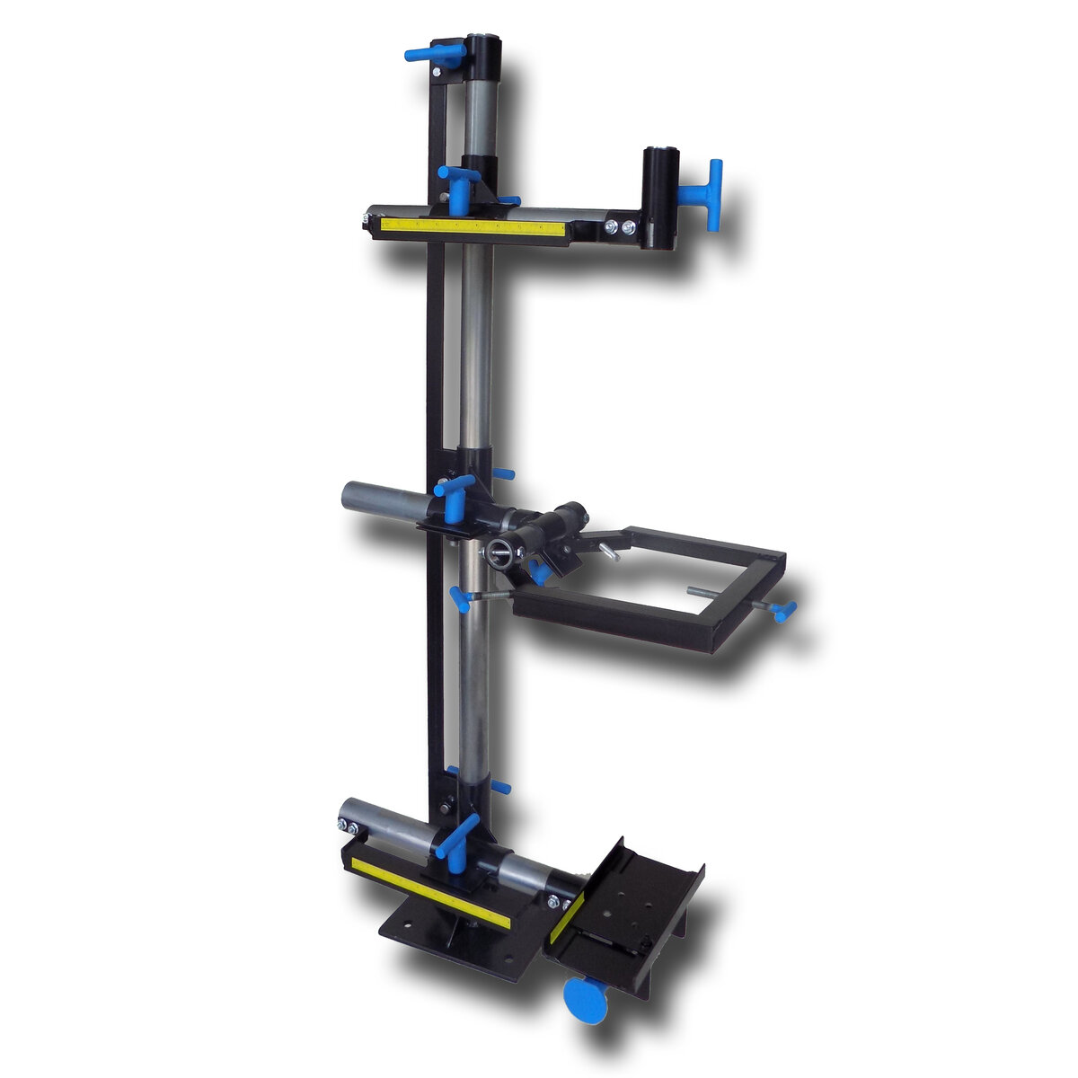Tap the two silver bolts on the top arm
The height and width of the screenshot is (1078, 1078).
click(619, 228)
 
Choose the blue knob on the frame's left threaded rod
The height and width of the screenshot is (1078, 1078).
click(461, 596)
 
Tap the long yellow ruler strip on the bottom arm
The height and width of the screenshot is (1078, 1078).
click(431, 891)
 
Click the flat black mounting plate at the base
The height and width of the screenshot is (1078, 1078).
click(449, 939)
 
